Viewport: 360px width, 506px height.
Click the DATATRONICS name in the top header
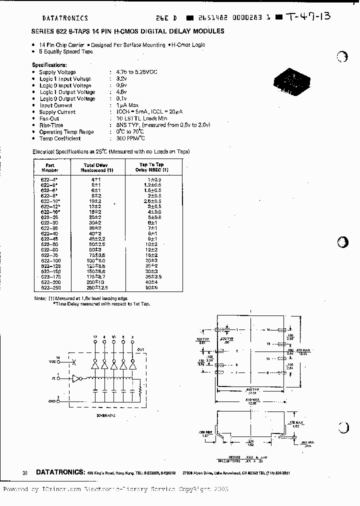pos(65,18)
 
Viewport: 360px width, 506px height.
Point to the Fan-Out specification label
pos(49,118)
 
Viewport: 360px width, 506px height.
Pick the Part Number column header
pos(50,166)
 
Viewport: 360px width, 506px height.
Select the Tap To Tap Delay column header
pos(151,166)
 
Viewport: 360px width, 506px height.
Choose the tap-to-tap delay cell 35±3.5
pos(152,276)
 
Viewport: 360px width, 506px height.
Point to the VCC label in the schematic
pos(52,361)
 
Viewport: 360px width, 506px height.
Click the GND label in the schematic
pos(52,400)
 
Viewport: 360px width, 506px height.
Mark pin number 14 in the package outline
pos(268,330)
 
